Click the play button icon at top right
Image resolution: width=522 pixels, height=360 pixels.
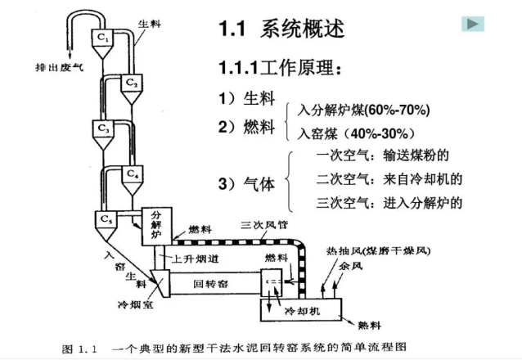473,24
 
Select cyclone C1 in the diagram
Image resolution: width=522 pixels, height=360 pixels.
103,38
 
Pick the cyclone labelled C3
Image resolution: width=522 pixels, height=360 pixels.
103,129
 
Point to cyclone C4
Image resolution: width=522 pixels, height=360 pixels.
133,174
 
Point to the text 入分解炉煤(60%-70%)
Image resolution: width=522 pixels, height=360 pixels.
363,110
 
